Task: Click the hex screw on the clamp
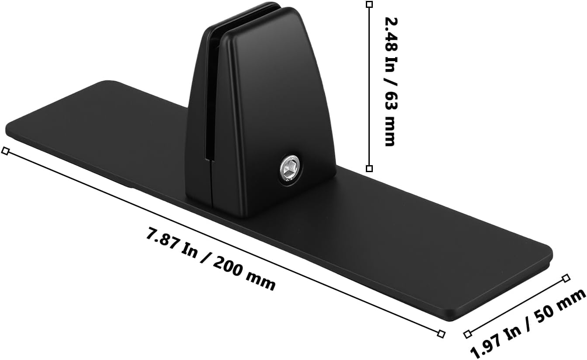point(289,169)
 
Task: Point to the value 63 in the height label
point(390,103)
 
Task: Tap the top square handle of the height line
point(369,4)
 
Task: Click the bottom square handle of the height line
point(369,169)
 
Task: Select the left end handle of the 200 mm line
point(5,151)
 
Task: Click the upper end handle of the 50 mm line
point(566,278)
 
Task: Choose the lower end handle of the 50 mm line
point(468,335)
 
